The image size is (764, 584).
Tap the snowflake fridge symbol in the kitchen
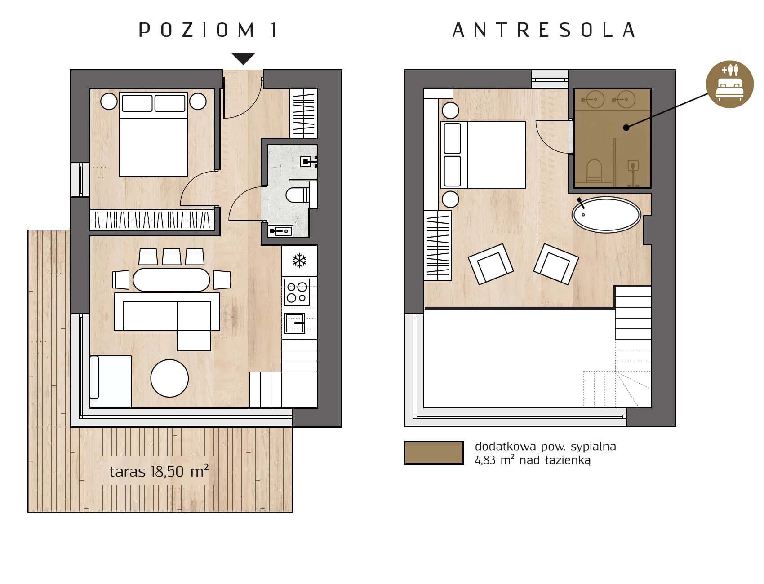point(299,261)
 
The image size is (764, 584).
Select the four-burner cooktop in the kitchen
point(297,292)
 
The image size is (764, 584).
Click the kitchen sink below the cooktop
point(295,323)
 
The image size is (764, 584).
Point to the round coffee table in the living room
point(169,378)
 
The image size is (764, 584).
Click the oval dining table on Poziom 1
point(171,279)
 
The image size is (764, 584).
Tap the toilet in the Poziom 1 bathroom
point(297,195)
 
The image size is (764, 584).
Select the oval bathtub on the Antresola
point(606,214)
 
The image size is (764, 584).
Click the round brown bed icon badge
point(729,84)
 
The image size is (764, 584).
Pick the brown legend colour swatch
point(434,452)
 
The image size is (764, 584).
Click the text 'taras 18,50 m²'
point(159,471)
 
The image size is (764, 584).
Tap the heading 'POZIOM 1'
point(208,30)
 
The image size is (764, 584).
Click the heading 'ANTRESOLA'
point(543,30)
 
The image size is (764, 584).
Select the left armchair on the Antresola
point(490,264)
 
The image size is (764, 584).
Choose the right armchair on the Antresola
point(556,264)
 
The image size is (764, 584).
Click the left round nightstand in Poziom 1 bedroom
point(109,102)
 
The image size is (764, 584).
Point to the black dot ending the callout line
point(626,128)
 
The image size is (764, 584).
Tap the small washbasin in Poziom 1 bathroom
point(280,231)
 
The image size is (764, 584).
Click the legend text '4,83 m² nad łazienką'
point(533,460)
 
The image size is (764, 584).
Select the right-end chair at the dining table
point(222,279)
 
